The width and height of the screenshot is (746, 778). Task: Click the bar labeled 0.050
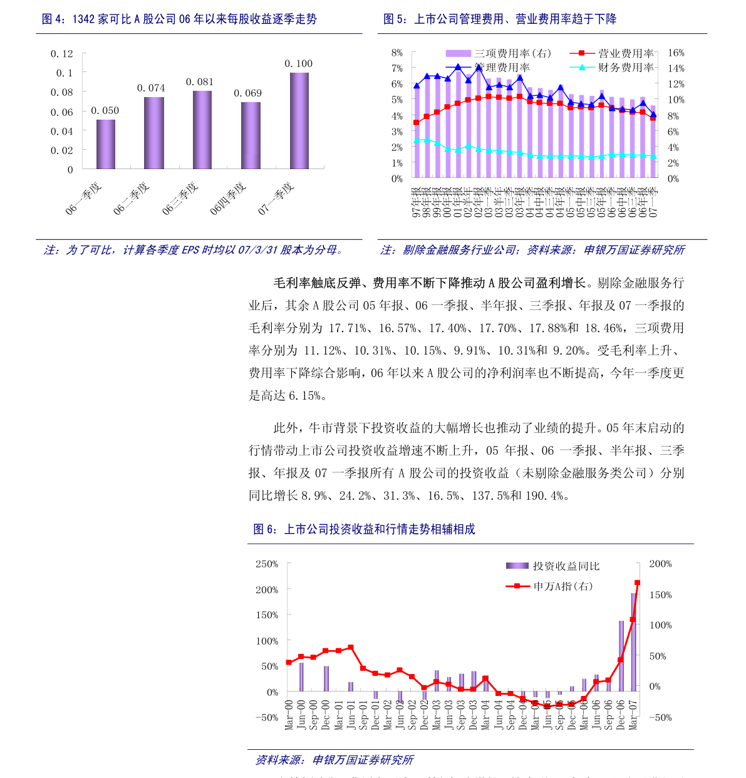point(106,144)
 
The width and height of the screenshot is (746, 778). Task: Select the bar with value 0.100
point(299,121)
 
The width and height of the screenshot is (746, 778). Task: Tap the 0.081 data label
point(200,82)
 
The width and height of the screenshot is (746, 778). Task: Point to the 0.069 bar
point(251,135)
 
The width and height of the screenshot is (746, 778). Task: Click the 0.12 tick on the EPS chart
point(62,54)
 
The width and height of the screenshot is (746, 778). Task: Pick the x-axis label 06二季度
point(132,199)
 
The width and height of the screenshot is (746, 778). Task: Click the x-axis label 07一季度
point(276,199)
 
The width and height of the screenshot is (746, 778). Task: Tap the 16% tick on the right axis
point(676,53)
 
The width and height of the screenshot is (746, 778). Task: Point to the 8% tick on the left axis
point(397,53)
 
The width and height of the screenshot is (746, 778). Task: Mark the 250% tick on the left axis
point(267,564)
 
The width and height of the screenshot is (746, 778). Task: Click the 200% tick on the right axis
point(660,564)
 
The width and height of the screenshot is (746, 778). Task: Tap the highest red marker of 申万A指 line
point(637,583)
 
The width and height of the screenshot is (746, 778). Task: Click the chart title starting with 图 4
point(179,19)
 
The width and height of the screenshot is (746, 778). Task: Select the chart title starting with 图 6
point(364,529)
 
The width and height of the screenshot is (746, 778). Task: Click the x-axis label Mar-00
point(289,714)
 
